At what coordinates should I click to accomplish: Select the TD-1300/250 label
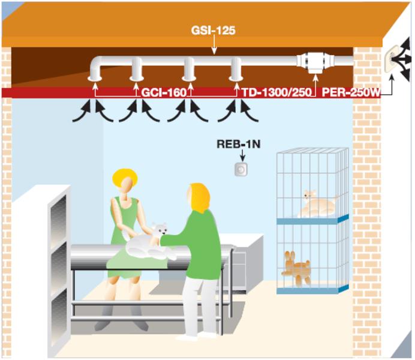277,93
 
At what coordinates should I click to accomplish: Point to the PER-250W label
351,93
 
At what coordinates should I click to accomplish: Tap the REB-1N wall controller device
241,169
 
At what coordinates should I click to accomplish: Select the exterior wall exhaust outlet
396,58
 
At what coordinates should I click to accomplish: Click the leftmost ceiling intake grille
95,77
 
